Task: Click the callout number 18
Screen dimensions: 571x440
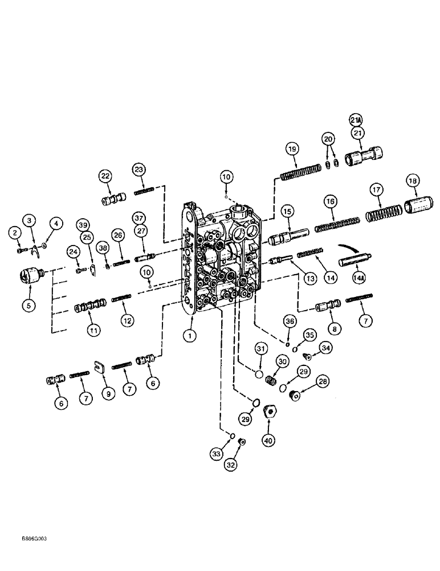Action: pyautogui.click(x=413, y=180)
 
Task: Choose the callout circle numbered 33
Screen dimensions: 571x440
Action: pyautogui.click(x=217, y=455)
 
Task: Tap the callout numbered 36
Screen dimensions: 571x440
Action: pyautogui.click(x=290, y=322)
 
